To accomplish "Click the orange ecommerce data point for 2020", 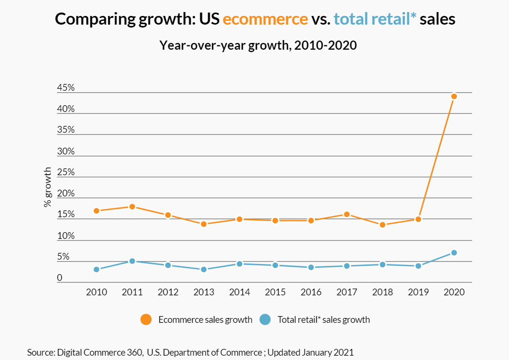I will (x=454, y=96).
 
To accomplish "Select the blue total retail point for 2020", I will (x=454, y=252).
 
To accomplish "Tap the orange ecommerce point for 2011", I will (x=132, y=207).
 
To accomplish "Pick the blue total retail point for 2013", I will (x=204, y=269).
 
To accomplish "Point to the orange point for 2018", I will (x=382, y=224).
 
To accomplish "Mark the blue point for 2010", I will (x=96, y=269).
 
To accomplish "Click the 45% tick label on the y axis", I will (x=66, y=88).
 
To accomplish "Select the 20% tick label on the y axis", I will (x=66, y=194).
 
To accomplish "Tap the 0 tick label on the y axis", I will (x=59, y=278).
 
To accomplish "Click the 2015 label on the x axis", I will (x=275, y=292).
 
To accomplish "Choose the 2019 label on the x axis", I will (x=418, y=292).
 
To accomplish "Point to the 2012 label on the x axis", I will (x=168, y=292).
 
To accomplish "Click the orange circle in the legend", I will (x=146, y=319).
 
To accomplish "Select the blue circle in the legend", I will (x=265, y=319).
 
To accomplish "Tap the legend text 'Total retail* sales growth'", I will (x=324, y=319).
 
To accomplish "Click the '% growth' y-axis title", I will (x=47, y=187).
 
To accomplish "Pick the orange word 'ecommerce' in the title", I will (x=265, y=19).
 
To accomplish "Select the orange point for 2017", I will (x=347, y=214).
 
